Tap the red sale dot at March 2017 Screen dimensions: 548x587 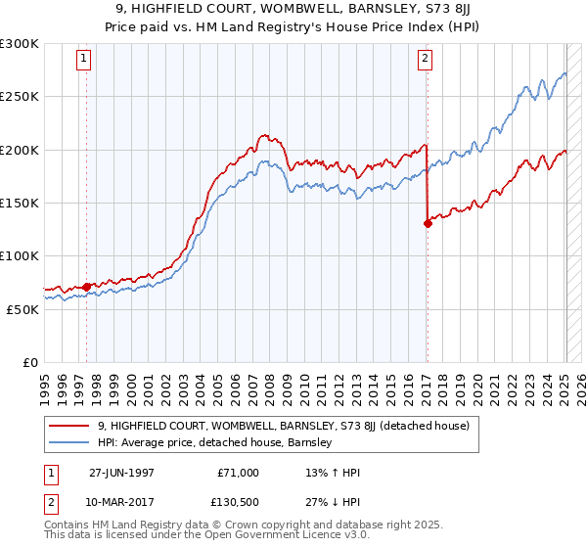tap(428, 223)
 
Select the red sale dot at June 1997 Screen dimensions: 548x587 tap(86, 287)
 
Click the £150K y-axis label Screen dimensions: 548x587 tap(19, 203)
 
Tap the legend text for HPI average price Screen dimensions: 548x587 tap(215, 443)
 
